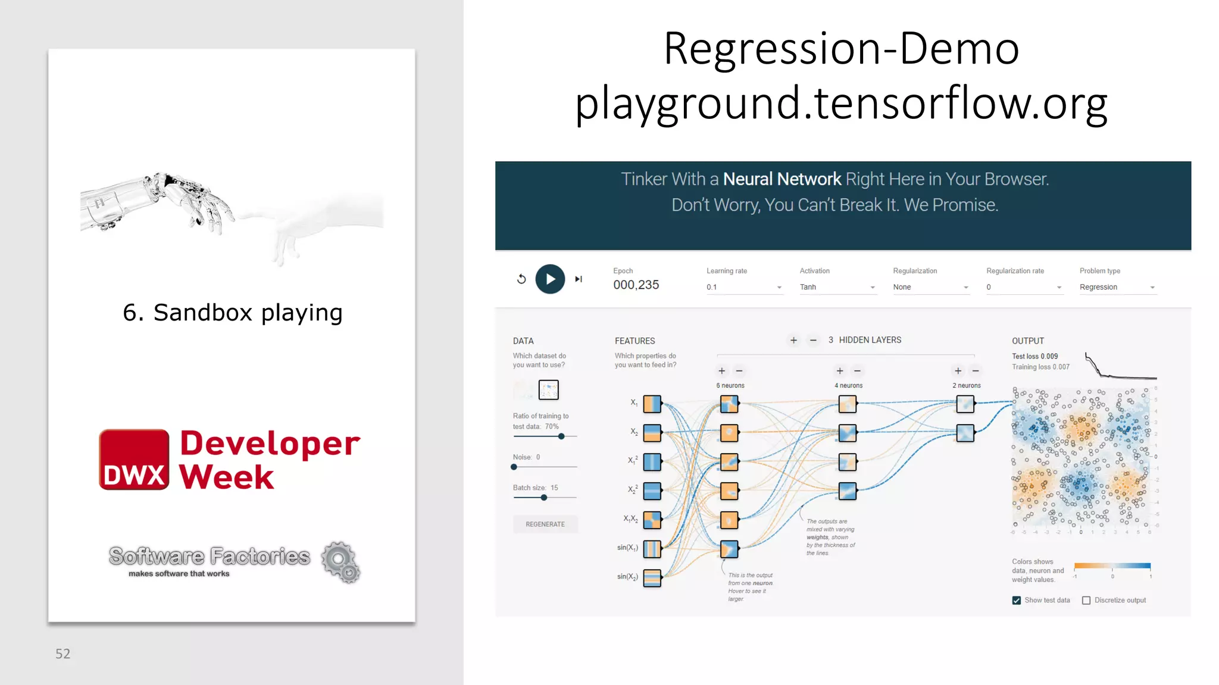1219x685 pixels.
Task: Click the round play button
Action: point(550,279)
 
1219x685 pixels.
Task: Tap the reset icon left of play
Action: point(521,279)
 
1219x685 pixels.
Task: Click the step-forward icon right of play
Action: point(579,279)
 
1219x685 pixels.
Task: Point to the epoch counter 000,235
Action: point(636,285)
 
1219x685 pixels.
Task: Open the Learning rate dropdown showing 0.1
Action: point(744,287)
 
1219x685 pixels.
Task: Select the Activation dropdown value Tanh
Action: point(837,287)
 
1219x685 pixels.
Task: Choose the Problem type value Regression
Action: point(1117,287)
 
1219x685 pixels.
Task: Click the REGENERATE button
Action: point(545,524)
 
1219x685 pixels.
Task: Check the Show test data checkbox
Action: point(1017,601)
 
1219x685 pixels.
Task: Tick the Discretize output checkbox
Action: point(1086,601)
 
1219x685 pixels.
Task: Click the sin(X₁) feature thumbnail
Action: point(652,549)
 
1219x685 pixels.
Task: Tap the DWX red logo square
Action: point(134,460)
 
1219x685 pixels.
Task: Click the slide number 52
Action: point(63,654)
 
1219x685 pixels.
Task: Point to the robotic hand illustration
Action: point(161,202)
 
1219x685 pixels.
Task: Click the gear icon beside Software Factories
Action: point(340,562)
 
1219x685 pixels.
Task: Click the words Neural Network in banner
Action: point(782,179)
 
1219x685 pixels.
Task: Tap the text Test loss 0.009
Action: point(1034,357)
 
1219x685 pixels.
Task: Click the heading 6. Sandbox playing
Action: point(233,313)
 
